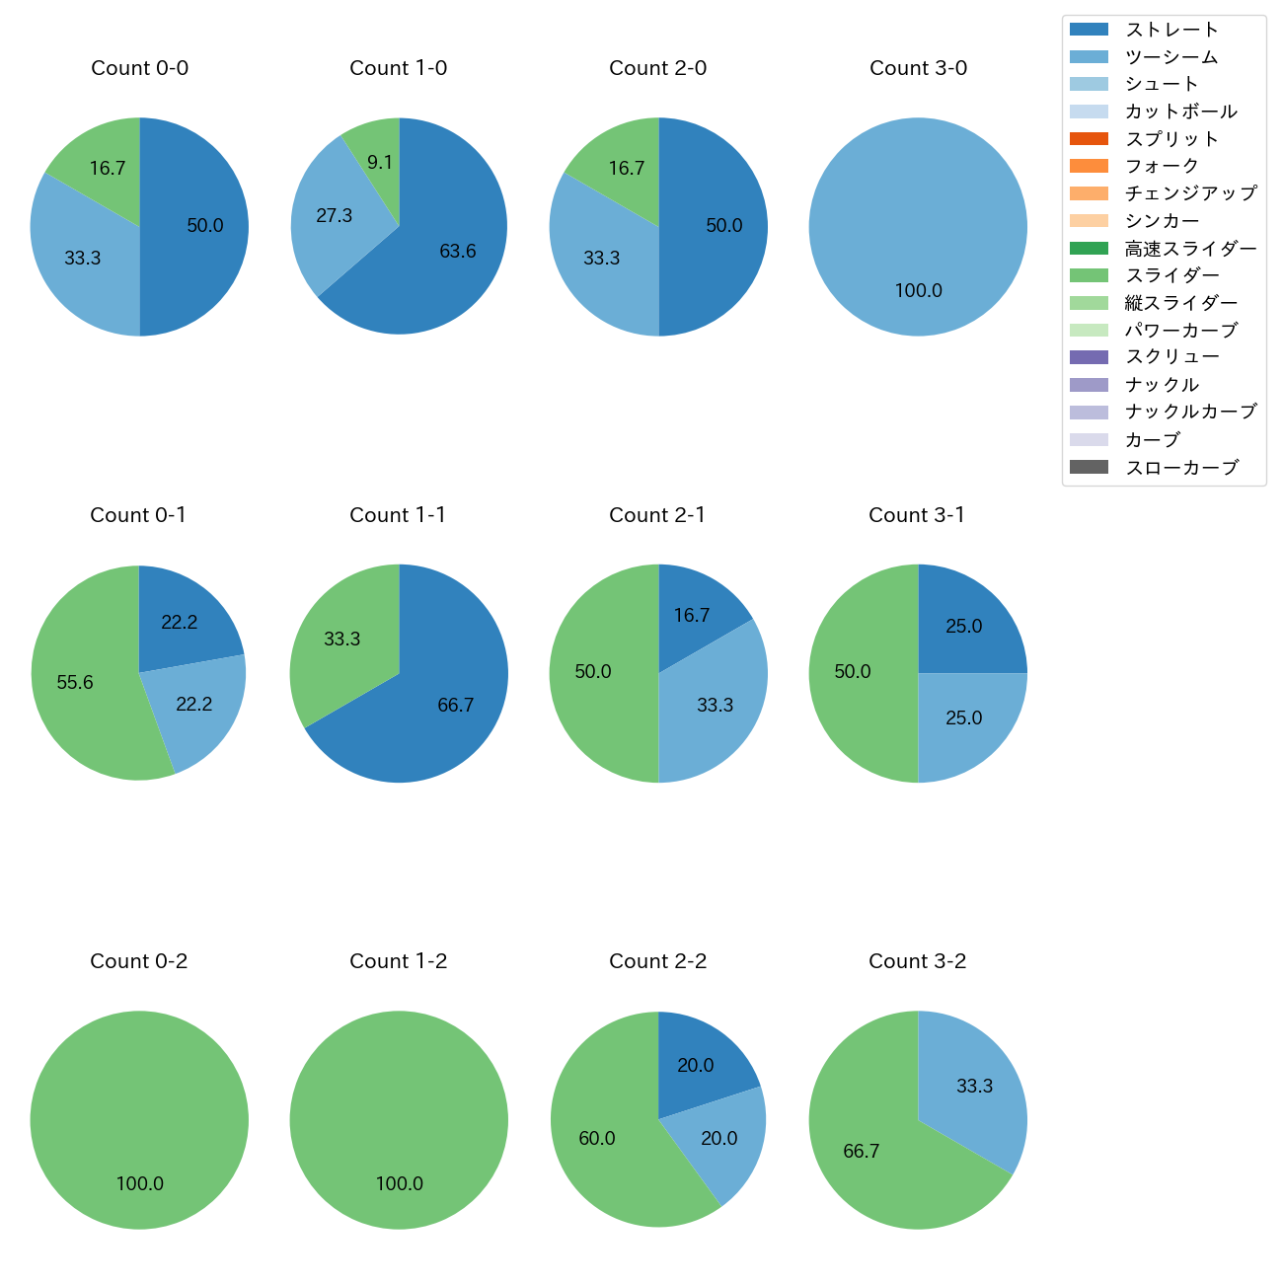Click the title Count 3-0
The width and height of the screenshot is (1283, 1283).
(918, 68)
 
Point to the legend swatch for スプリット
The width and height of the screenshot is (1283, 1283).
(1089, 139)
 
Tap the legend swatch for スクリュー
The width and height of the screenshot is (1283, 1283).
(1089, 357)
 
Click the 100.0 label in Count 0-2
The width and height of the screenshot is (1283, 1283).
(140, 1183)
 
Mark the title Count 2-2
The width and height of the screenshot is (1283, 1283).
(658, 961)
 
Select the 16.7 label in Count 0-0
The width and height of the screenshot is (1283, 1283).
(108, 168)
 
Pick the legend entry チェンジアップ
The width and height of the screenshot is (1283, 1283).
(1190, 193)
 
